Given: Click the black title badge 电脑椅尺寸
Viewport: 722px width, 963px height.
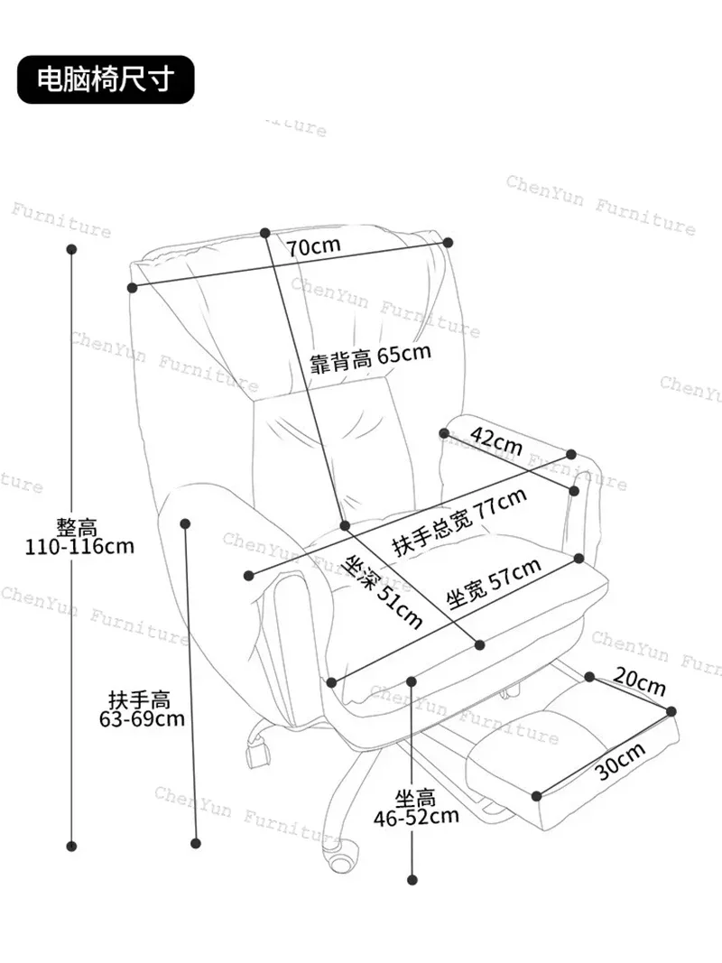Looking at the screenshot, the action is [x=106, y=79].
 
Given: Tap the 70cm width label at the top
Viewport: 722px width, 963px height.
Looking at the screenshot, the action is [x=314, y=246].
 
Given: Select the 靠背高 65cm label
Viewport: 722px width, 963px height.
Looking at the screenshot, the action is [x=370, y=356].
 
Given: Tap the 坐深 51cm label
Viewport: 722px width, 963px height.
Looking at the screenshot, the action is [x=384, y=591].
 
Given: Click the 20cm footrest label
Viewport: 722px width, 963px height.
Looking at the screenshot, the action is [x=639, y=681].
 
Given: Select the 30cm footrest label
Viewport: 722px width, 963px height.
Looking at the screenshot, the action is [x=621, y=761].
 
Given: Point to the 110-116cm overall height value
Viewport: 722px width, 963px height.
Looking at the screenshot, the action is [x=79, y=546].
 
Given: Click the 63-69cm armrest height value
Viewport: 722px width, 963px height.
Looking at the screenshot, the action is [x=142, y=718].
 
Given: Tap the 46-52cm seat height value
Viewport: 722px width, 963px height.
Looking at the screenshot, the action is [x=416, y=817].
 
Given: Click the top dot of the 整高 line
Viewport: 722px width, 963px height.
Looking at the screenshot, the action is [x=72, y=249].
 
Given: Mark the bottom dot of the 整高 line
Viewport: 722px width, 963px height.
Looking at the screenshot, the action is [x=71, y=847].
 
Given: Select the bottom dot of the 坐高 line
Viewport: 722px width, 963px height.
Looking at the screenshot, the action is [x=412, y=880].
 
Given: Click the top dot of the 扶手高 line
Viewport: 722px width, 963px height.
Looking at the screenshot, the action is [x=185, y=523].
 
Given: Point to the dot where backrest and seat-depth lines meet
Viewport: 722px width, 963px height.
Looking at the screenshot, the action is [x=345, y=525].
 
